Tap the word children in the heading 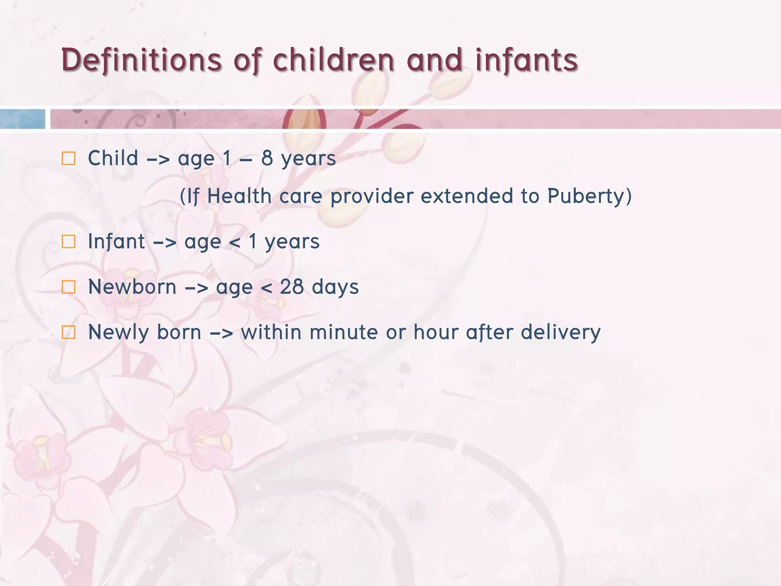[x=333, y=60]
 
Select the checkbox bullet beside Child [x=69, y=158]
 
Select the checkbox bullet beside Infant [x=69, y=241]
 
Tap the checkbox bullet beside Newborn [x=69, y=287]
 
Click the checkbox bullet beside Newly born [x=69, y=332]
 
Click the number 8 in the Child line [x=267, y=158]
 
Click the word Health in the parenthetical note [x=239, y=196]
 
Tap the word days [x=335, y=287]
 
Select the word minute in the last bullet [x=344, y=332]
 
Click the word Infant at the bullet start [x=116, y=241]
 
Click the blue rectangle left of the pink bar [x=22, y=119]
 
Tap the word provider [x=372, y=196]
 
